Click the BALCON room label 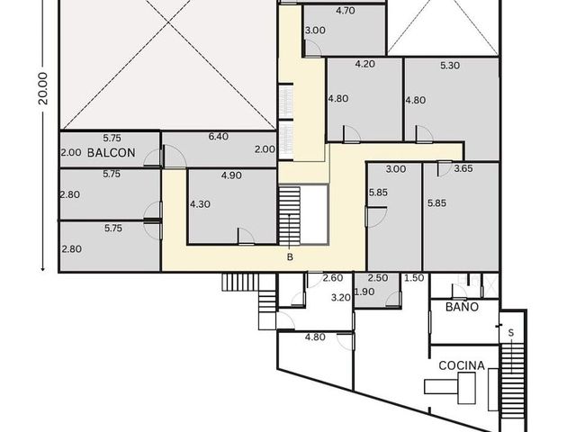(x=112, y=152)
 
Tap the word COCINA (x=462, y=365)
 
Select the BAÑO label (x=462, y=307)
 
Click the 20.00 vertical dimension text (x=43, y=88)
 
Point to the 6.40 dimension (x=219, y=137)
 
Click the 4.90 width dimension (x=231, y=175)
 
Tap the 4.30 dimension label (x=200, y=204)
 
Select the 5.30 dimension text (x=450, y=66)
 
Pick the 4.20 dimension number (x=365, y=64)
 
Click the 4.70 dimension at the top (x=346, y=11)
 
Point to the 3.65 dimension (x=463, y=168)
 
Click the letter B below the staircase (x=290, y=257)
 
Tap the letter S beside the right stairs (x=511, y=333)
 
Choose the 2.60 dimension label (x=333, y=278)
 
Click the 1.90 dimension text (x=364, y=292)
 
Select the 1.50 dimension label (x=414, y=278)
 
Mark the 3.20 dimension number (x=341, y=297)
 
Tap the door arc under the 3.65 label (x=445, y=170)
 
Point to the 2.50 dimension (x=378, y=278)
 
